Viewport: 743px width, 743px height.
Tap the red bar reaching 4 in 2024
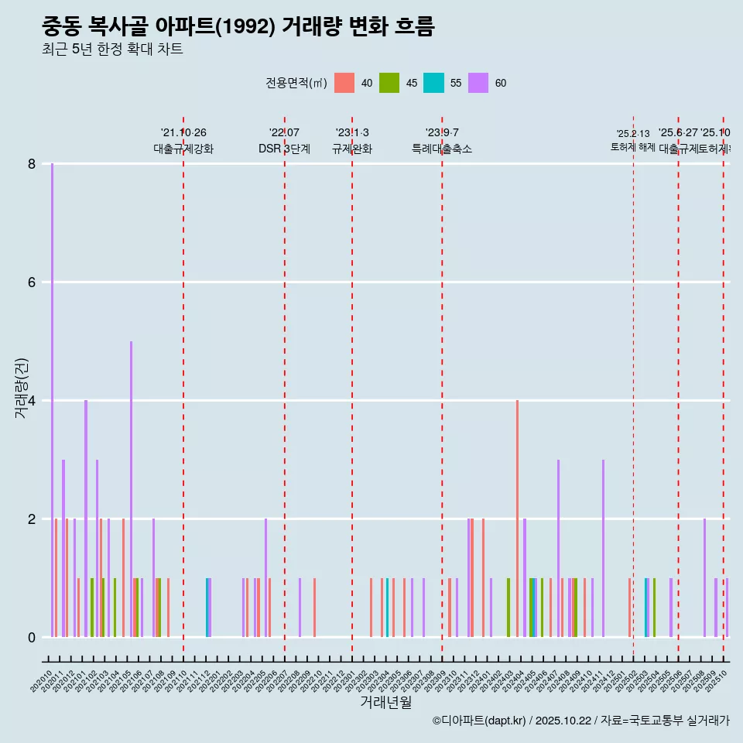pos(517,519)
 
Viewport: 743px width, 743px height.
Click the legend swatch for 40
pos(344,83)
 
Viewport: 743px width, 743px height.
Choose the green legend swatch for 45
pos(389,83)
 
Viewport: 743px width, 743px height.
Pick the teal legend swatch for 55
pos(433,83)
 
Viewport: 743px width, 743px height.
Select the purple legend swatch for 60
pos(478,83)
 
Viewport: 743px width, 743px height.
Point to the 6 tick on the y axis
pos(32,282)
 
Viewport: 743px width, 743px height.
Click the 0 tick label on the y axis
pos(32,637)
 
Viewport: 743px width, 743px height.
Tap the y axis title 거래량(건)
pos(21,388)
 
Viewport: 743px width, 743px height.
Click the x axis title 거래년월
pos(385,702)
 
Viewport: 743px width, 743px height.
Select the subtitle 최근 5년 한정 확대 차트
pos(112,50)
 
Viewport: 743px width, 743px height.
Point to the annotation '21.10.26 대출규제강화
pos(183,141)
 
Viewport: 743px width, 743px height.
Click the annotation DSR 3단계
pos(284,149)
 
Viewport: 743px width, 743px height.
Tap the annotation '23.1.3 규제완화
pos(352,141)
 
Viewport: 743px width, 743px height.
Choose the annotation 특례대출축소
pos(441,149)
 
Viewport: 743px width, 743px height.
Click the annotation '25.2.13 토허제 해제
pos(633,140)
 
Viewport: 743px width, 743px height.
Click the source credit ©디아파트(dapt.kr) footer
pos(580,721)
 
